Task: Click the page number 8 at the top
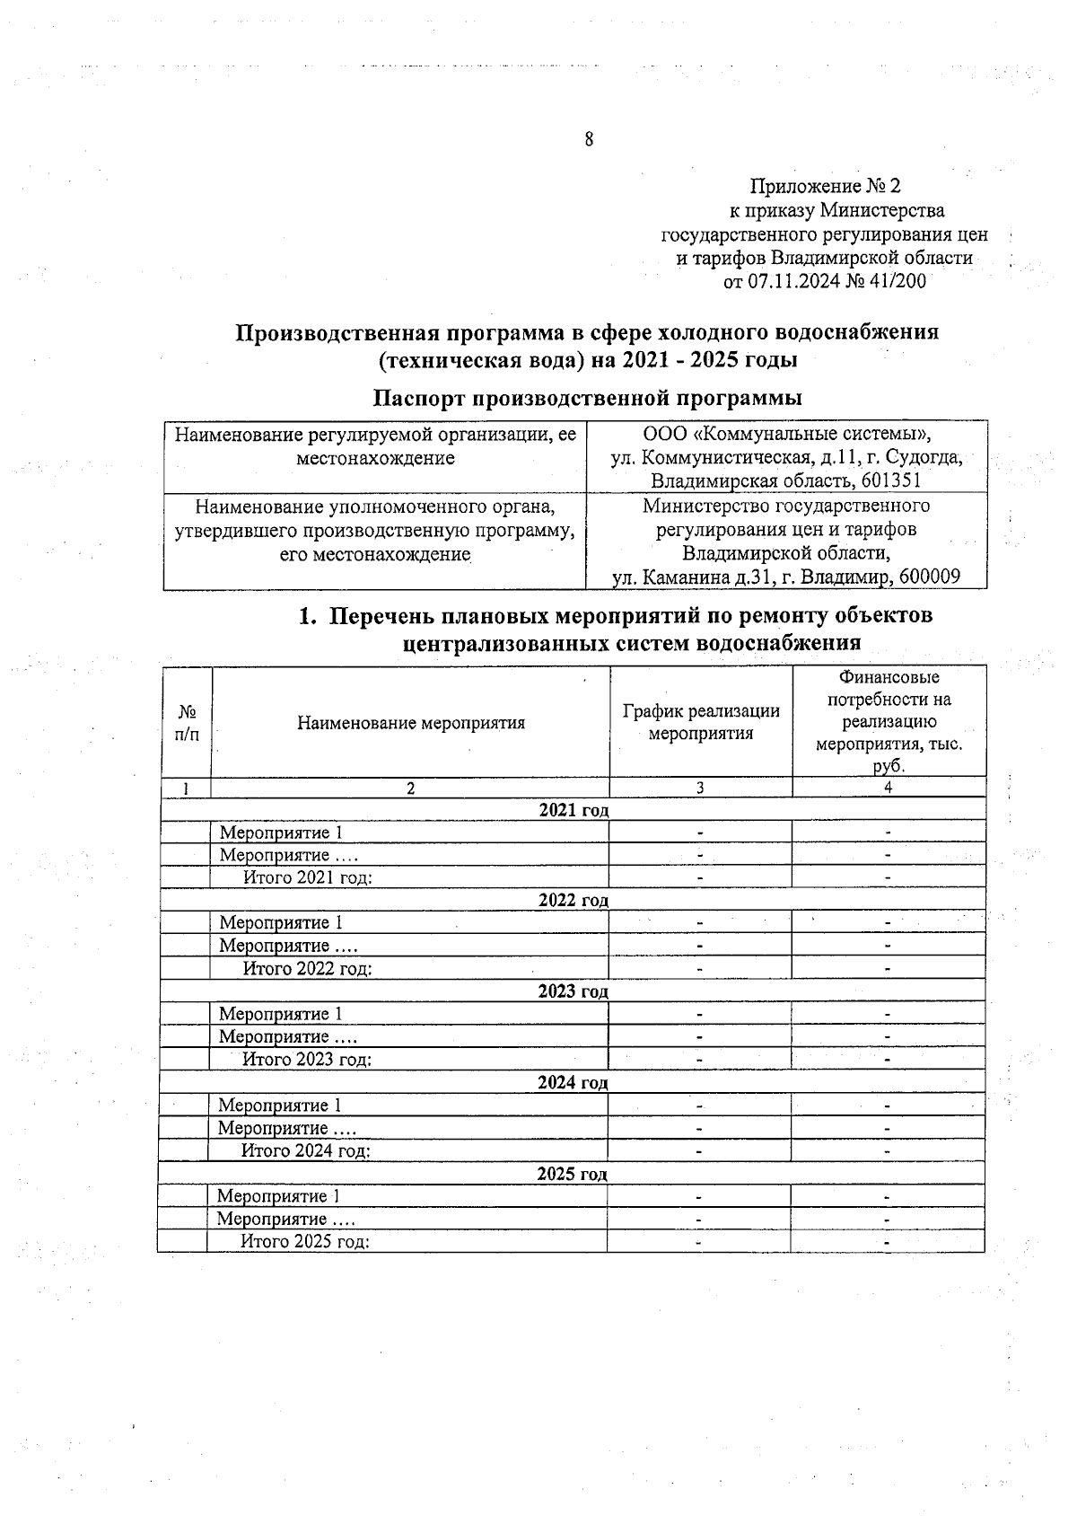pyautogui.click(x=589, y=139)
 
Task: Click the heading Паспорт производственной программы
pyautogui.click(x=587, y=397)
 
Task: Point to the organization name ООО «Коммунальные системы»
pyautogui.click(x=787, y=435)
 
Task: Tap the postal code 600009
pyautogui.click(x=924, y=577)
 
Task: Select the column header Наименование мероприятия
pyautogui.click(x=411, y=722)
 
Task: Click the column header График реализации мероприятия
pyautogui.click(x=701, y=722)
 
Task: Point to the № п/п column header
pyautogui.click(x=187, y=722)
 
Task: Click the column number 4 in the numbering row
pyautogui.click(x=888, y=788)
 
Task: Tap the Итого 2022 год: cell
pyautogui.click(x=308, y=968)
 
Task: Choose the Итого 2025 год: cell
pyautogui.click(x=305, y=1241)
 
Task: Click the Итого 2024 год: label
pyautogui.click(x=306, y=1150)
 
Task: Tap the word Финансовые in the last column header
pyautogui.click(x=889, y=677)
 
